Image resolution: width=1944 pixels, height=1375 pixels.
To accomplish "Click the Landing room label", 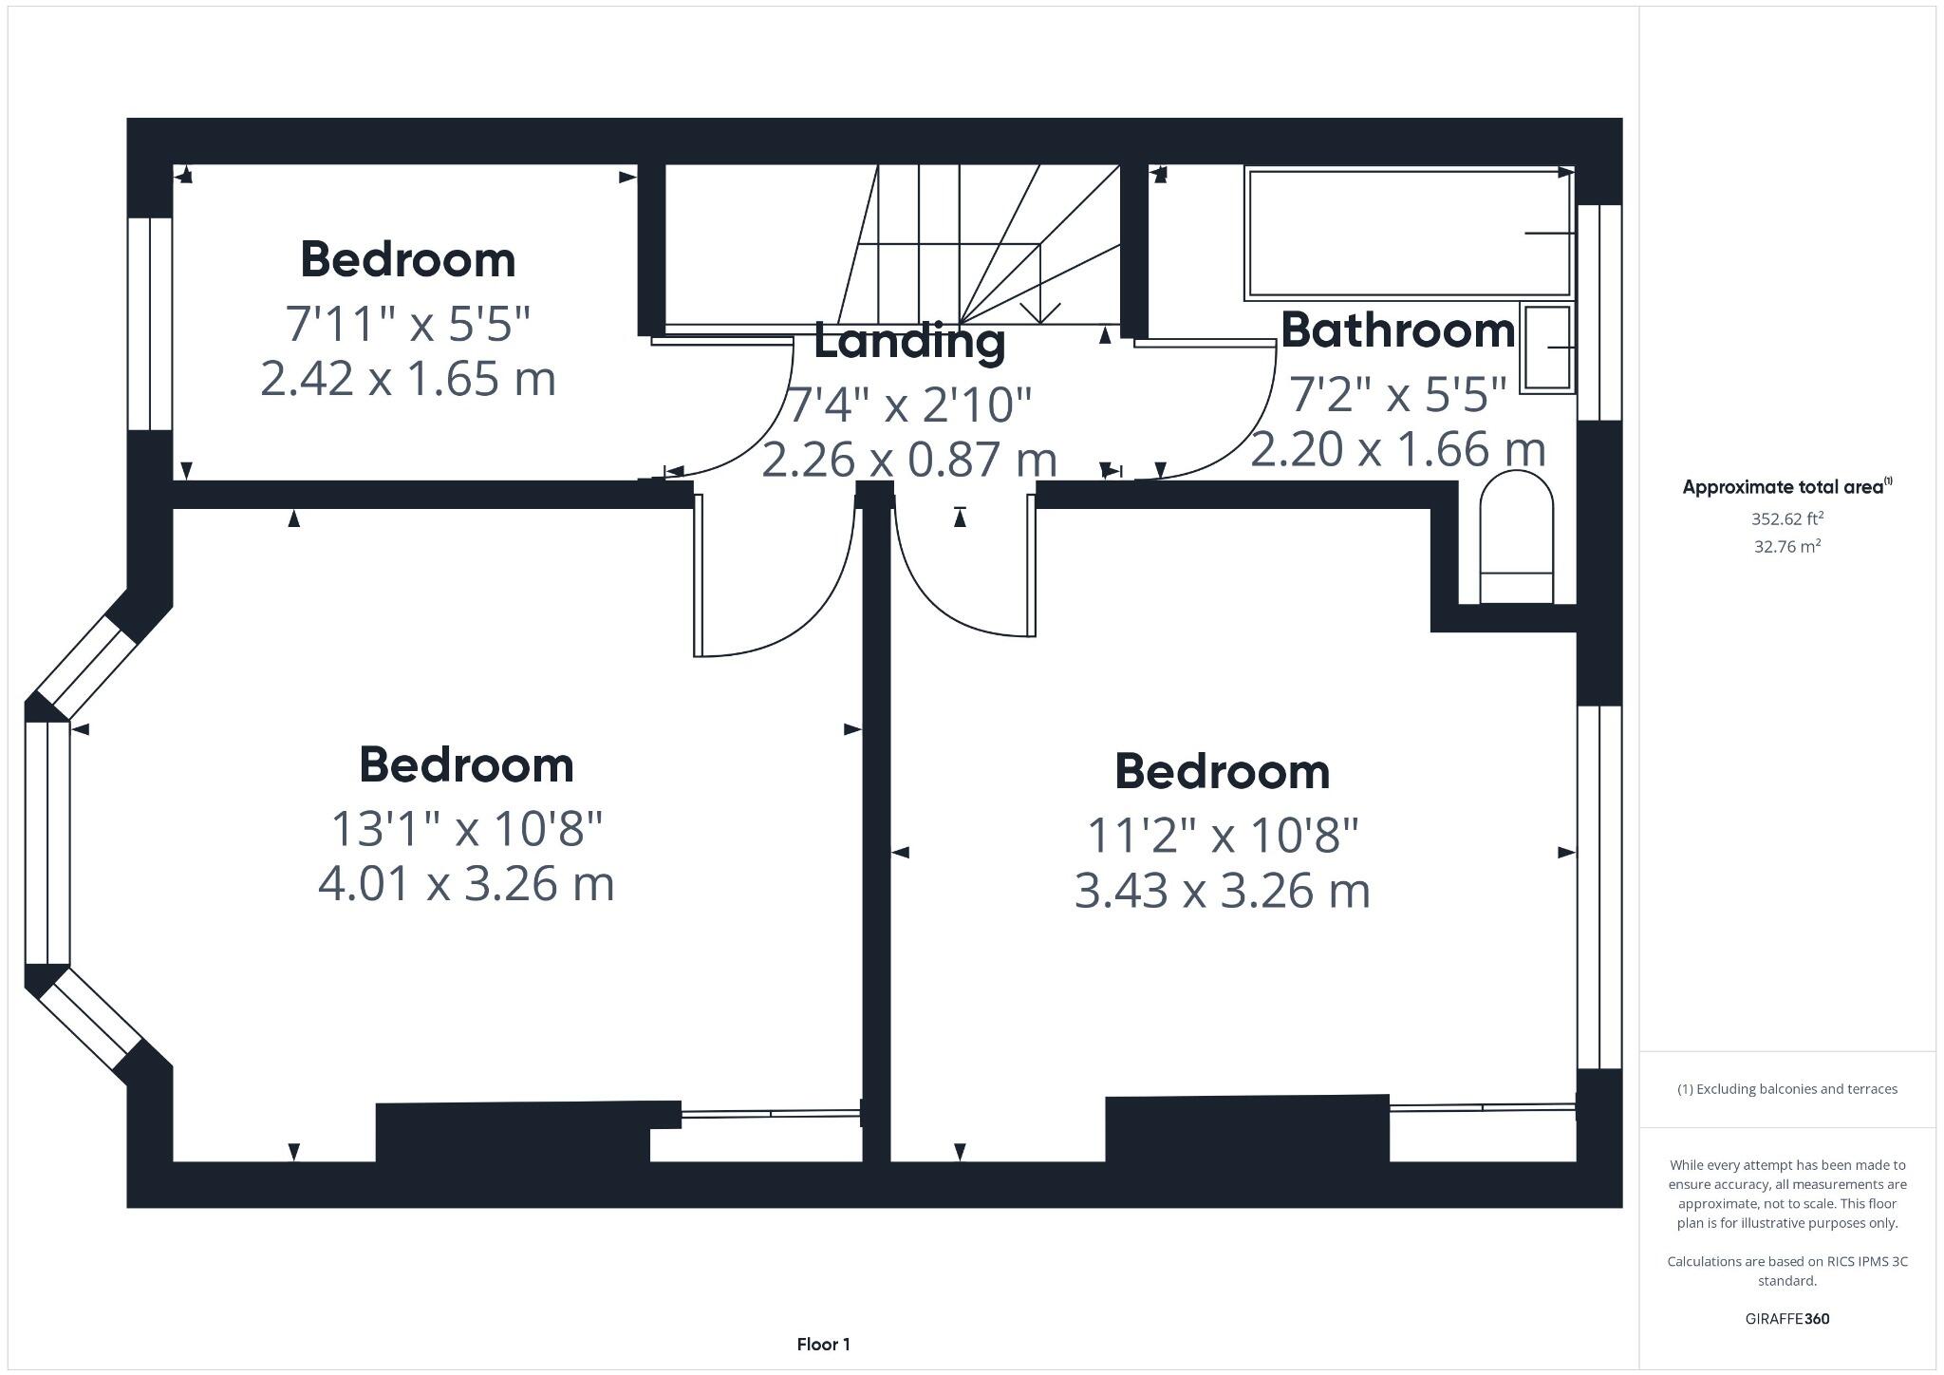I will click(x=909, y=342).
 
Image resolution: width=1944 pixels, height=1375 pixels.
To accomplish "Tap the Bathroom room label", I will click(x=1397, y=330).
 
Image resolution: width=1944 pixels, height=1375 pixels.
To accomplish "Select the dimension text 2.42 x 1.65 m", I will click(x=407, y=379).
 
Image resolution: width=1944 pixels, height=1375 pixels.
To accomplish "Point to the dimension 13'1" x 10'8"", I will click(x=466, y=828).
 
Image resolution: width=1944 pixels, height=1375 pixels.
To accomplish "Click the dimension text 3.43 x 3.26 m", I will click(x=1222, y=892).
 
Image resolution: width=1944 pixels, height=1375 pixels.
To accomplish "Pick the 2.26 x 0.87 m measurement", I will click(x=909, y=460).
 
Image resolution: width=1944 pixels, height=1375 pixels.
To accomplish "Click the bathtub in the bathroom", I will click(x=1409, y=234).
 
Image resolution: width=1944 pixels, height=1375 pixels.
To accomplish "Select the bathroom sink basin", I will click(x=1546, y=348).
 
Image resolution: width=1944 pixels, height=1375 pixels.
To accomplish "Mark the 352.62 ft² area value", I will click(x=1787, y=518).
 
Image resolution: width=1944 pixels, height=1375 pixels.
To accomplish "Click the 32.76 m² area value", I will click(x=1787, y=546).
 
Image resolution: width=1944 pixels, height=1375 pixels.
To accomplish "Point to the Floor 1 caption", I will click(x=823, y=1344).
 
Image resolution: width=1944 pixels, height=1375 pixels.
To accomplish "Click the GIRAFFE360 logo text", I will click(x=1787, y=1319).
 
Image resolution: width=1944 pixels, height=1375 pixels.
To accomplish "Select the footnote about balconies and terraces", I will click(x=1787, y=1089).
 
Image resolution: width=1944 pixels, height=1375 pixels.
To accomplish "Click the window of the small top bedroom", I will click(x=150, y=324).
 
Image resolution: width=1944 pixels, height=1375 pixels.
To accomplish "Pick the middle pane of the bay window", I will click(x=47, y=843).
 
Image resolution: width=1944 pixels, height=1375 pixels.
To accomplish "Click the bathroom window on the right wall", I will click(x=1599, y=312).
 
